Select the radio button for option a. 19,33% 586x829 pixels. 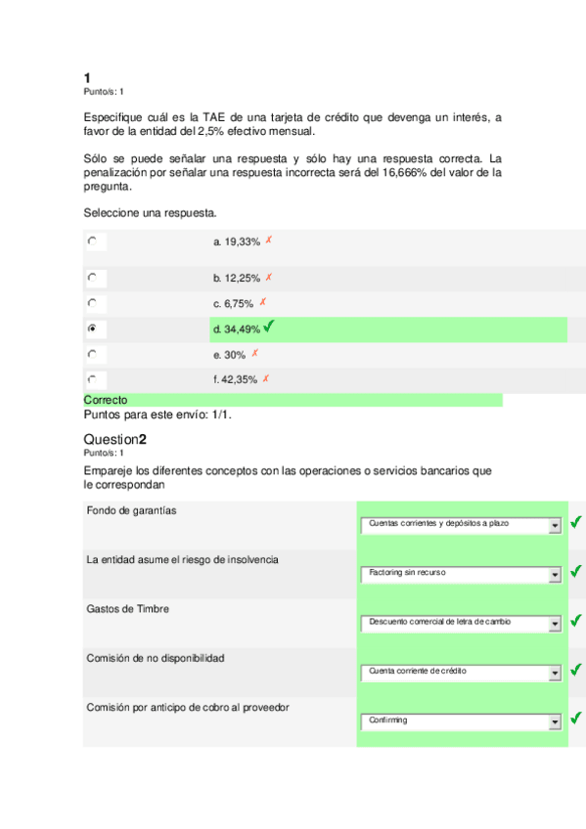click(91, 240)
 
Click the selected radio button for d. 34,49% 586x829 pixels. click(91, 328)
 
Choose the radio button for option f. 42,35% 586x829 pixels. click(91, 378)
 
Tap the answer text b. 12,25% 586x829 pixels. click(237, 278)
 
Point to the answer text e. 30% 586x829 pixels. click(229, 355)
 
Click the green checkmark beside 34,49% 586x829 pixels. click(269, 327)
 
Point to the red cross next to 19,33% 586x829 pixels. click(268, 240)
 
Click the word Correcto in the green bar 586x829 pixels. click(106, 400)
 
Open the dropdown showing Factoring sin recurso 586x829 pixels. click(460, 573)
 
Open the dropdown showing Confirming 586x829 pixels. click(460, 721)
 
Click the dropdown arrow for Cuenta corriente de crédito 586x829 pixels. click(555, 673)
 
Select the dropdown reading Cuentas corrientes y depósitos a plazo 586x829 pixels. click(460, 525)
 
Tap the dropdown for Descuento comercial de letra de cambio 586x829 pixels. click(460, 623)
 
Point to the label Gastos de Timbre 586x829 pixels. click(127, 609)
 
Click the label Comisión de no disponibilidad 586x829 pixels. click(156, 658)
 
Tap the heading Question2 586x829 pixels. click(115, 439)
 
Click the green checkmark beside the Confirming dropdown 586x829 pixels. click(576, 720)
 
